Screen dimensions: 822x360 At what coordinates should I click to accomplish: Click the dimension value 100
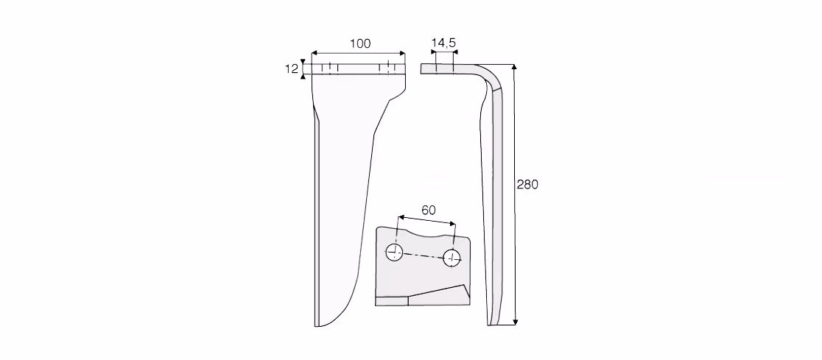point(360,44)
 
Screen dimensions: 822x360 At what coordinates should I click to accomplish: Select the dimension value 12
point(292,68)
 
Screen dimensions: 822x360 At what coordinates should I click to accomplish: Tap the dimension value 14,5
point(443,43)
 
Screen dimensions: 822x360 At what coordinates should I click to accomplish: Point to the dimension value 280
point(527,185)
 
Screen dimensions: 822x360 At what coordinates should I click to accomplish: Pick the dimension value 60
point(428,210)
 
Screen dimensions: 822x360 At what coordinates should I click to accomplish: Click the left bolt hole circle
point(394,253)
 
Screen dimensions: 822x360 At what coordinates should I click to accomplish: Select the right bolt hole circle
point(452,257)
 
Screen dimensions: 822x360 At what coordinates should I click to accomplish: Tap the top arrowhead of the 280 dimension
point(514,67)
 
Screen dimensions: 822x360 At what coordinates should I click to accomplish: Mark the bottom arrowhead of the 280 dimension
point(516,322)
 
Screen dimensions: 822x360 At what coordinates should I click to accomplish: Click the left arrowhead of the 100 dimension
point(315,54)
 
